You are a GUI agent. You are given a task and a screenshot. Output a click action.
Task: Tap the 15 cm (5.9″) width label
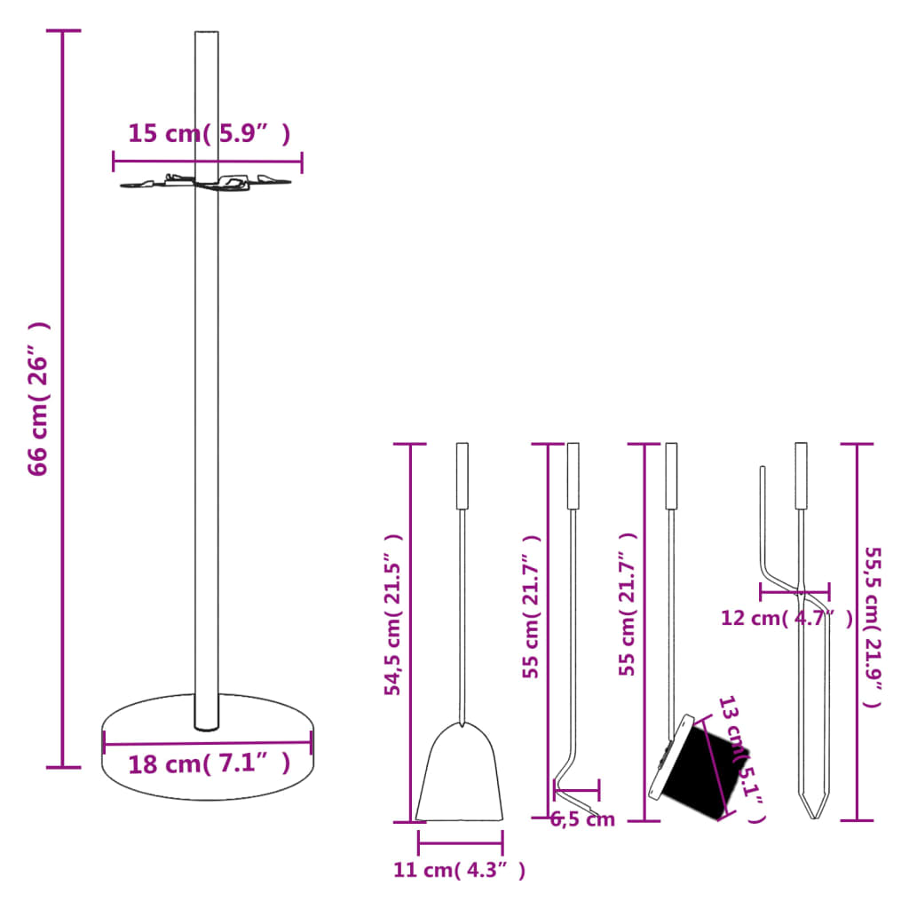pyautogui.click(x=209, y=134)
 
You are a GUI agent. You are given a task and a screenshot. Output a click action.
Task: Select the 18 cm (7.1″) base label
pyautogui.click(x=209, y=763)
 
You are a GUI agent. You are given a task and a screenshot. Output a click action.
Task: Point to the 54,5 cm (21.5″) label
pyautogui.click(x=394, y=614)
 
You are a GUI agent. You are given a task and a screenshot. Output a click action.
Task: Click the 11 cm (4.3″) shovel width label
pyautogui.click(x=459, y=871)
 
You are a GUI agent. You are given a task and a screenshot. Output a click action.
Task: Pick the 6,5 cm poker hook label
pyautogui.click(x=582, y=819)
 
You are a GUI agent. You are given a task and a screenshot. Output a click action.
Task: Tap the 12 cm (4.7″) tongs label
pyautogui.click(x=786, y=618)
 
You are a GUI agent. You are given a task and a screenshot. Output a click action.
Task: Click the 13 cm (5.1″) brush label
pyautogui.click(x=741, y=759)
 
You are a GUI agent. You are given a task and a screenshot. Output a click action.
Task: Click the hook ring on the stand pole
pyautogui.click(x=206, y=183)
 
